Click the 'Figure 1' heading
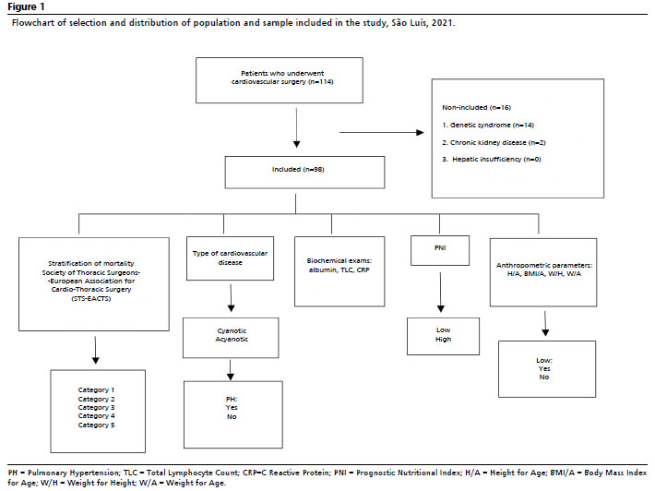(26, 6)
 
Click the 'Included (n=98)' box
(304, 173)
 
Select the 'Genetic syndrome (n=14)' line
(488, 125)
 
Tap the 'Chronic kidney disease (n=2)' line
(494, 142)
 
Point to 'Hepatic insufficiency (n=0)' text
(496, 160)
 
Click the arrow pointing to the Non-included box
(381, 133)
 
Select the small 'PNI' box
(440, 250)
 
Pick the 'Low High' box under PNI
(443, 336)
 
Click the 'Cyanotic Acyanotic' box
(231, 338)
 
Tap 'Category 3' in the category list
(96, 407)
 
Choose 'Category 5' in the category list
(96, 425)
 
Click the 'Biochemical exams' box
(339, 271)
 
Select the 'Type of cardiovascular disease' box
(230, 258)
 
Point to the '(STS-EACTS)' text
(91, 298)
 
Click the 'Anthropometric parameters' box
(543, 272)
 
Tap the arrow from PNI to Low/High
(441, 292)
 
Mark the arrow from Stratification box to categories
(96, 350)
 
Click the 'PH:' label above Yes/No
(232, 399)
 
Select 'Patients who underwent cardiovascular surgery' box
(280, 80)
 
